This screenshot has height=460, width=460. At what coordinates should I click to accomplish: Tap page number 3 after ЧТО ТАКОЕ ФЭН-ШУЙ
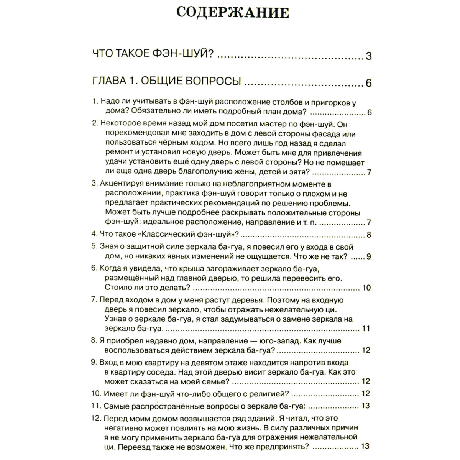[368, 56]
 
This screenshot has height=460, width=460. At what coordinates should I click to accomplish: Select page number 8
[369, 235]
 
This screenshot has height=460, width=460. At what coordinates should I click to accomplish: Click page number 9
[369, 256]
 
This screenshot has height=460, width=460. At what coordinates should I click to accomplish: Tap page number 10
[366, 287]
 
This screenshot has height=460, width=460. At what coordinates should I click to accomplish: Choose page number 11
[366, 328]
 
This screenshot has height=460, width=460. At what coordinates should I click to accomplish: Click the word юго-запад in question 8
[268, 340]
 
